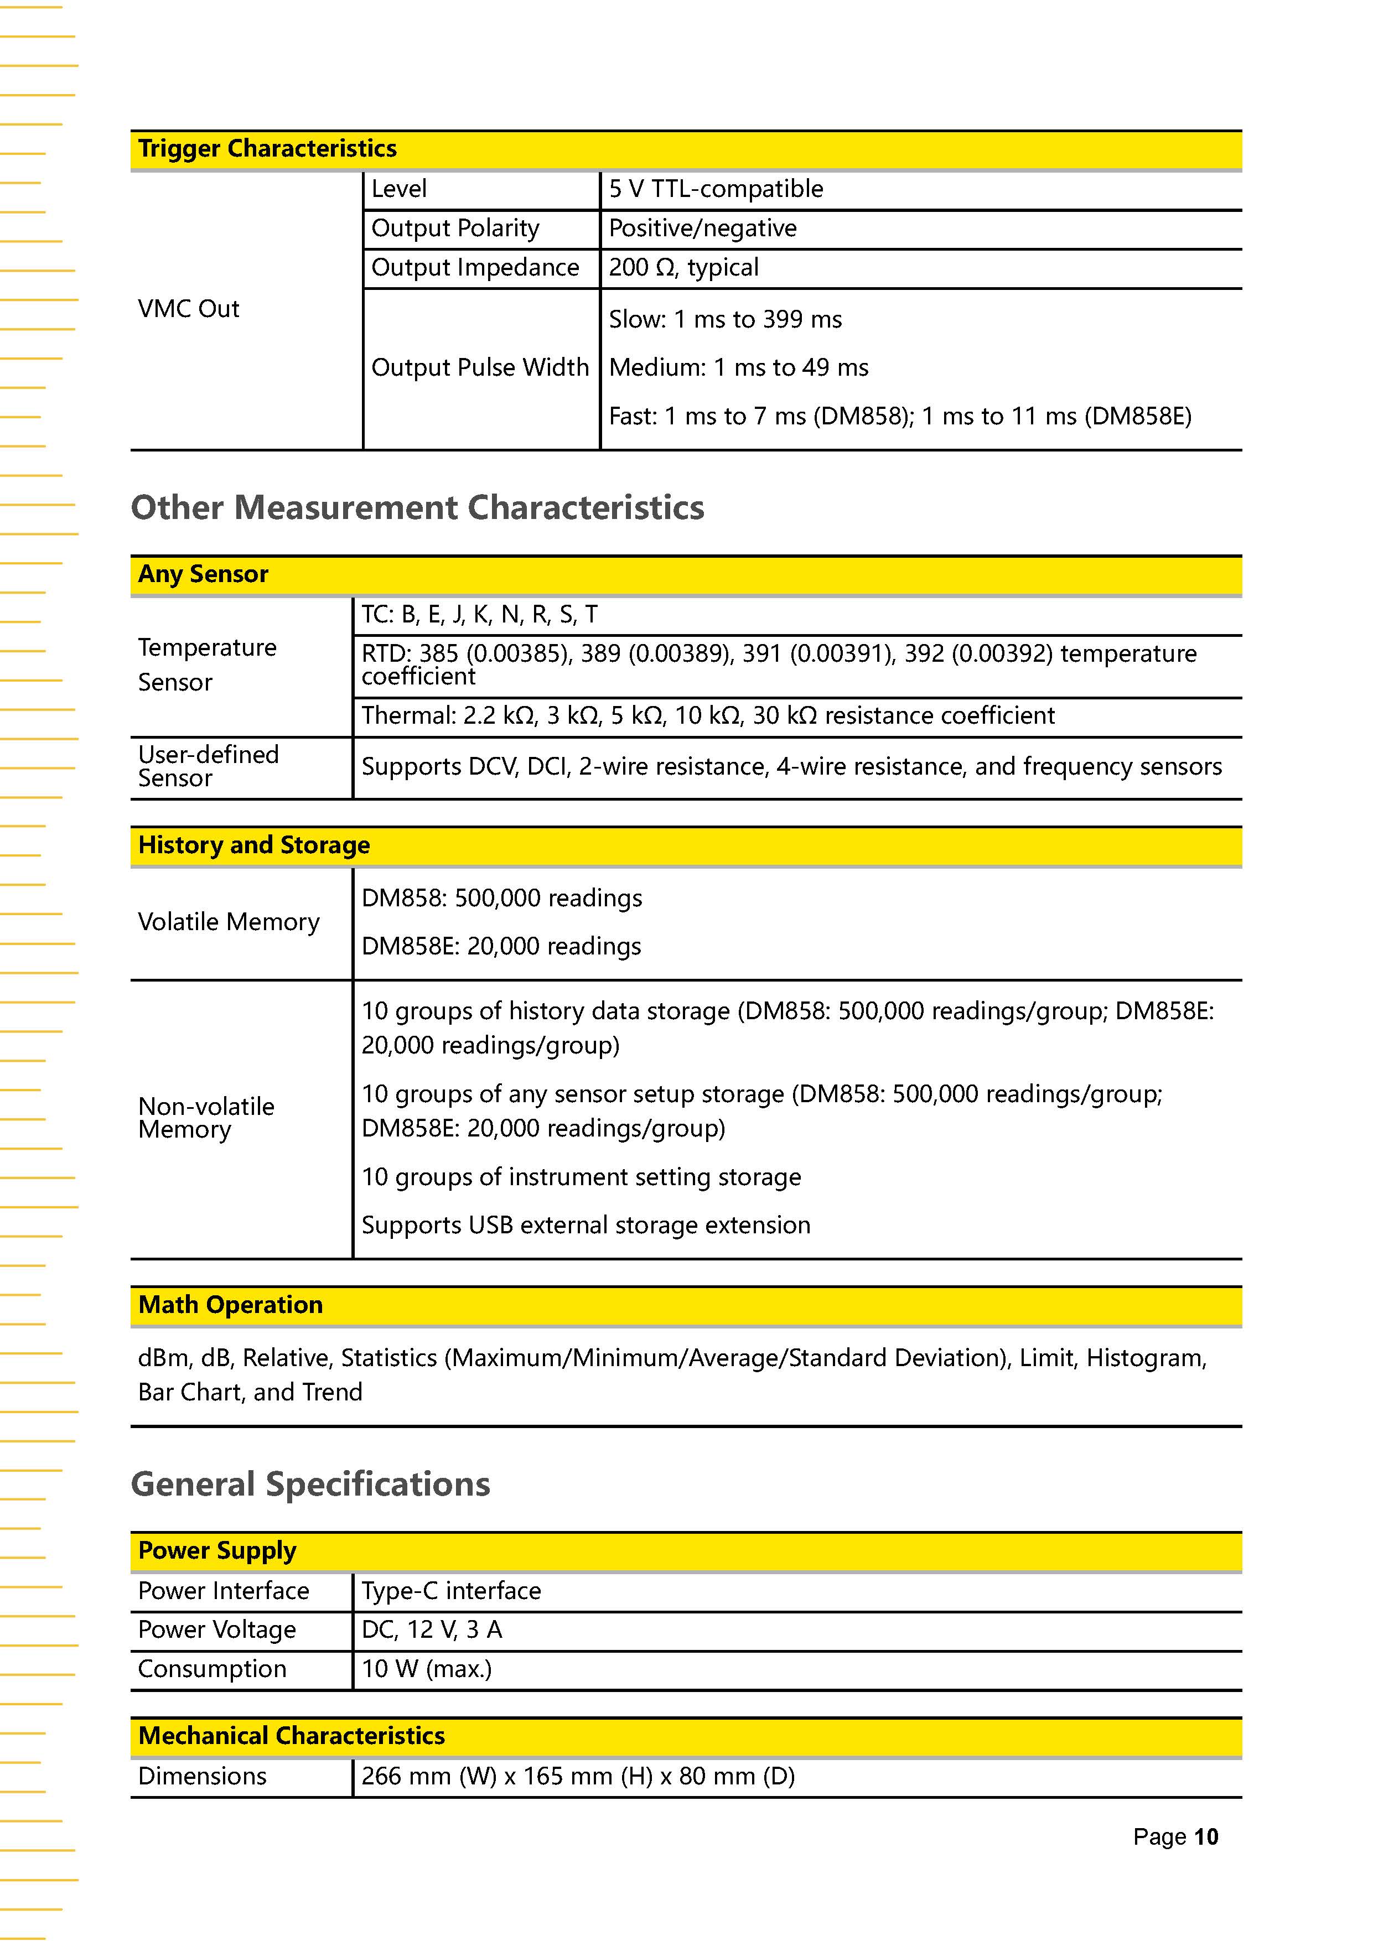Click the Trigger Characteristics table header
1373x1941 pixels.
(267, 149)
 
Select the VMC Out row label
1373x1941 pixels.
(189, 309)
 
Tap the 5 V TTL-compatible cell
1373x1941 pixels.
(715, 189)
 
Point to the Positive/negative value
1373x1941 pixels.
(703, 229)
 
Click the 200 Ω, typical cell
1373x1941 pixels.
(683, 268)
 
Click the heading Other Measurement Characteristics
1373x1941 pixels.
(418, 508)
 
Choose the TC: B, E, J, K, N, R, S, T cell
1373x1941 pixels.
(479, 615)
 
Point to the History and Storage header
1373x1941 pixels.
(253, 845)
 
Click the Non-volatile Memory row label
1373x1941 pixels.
(206, 1118)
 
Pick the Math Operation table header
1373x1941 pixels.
(230, 1305)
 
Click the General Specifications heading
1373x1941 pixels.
(310, 1485)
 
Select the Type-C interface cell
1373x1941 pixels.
(450, 1591)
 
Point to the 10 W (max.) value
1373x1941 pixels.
(426, 1669)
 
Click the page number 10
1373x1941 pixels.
(1206, 1837)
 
